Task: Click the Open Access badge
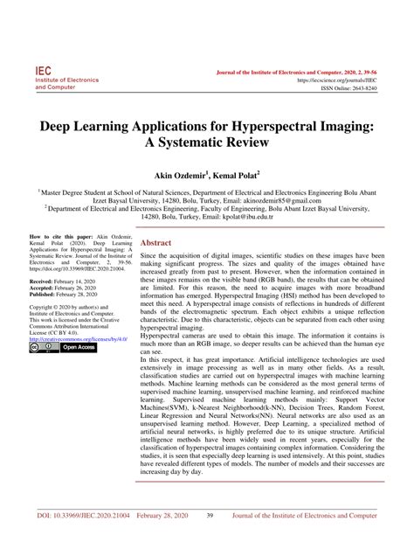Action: (x=77, y=347)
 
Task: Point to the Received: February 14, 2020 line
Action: (x=65, y=282)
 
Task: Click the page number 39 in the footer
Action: (x=210, y=516)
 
